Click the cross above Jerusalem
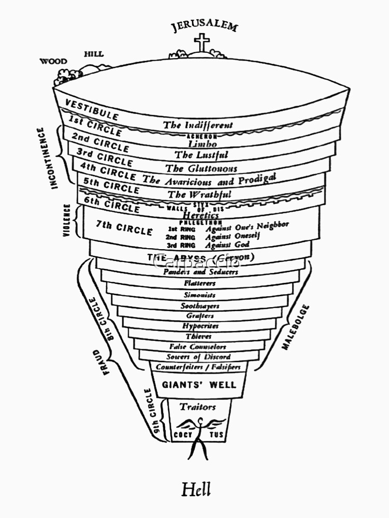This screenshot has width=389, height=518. click(202, 42)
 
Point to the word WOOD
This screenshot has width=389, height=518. click(53, 61)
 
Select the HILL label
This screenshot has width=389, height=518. click(93, 53)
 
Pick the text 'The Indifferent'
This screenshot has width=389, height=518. click(198, 125)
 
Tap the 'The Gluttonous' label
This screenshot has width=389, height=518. click(201, 168)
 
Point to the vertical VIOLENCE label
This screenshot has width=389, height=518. click(67, 221)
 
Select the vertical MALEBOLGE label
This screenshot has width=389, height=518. click(296, 327)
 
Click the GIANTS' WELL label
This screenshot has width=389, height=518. click(199, 385)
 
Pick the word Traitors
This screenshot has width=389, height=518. click(198, 407)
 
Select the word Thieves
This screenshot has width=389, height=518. click(199, 336)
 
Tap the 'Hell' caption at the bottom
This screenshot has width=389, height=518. click(196, 489)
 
